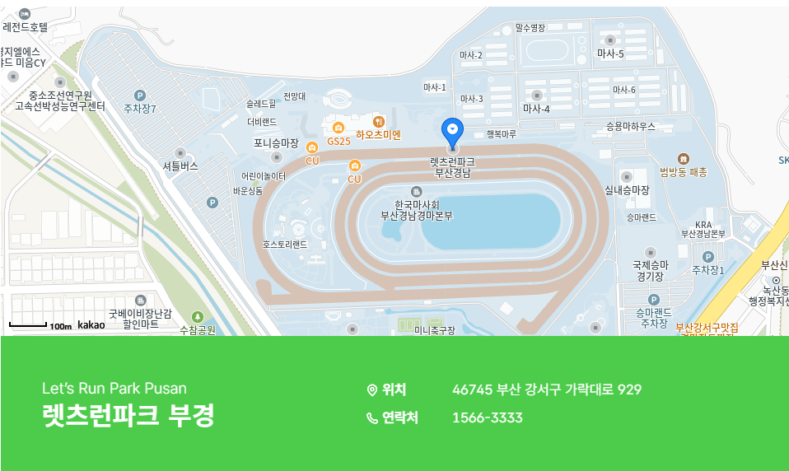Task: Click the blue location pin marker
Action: [452, 131]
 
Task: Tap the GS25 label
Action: [338, 141]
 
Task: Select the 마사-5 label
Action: [610, 54]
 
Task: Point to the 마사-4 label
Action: [536, 108]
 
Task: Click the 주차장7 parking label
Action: [139, 108]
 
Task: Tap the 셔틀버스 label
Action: [180, 166]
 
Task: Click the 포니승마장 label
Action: [276, 143]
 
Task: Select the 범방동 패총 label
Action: [683, 171]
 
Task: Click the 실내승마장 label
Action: [627, 190]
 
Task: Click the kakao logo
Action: [91, 325]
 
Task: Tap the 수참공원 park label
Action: [198, 329]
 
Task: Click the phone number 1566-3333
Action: [488, 417]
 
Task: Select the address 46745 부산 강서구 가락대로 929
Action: [547, 389]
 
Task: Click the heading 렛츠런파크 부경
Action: [128, 415]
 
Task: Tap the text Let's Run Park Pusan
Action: [114, 388]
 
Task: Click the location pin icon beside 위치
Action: [371, 389]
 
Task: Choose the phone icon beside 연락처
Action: [371, 418]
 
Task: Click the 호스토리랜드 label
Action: [285, 245]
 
